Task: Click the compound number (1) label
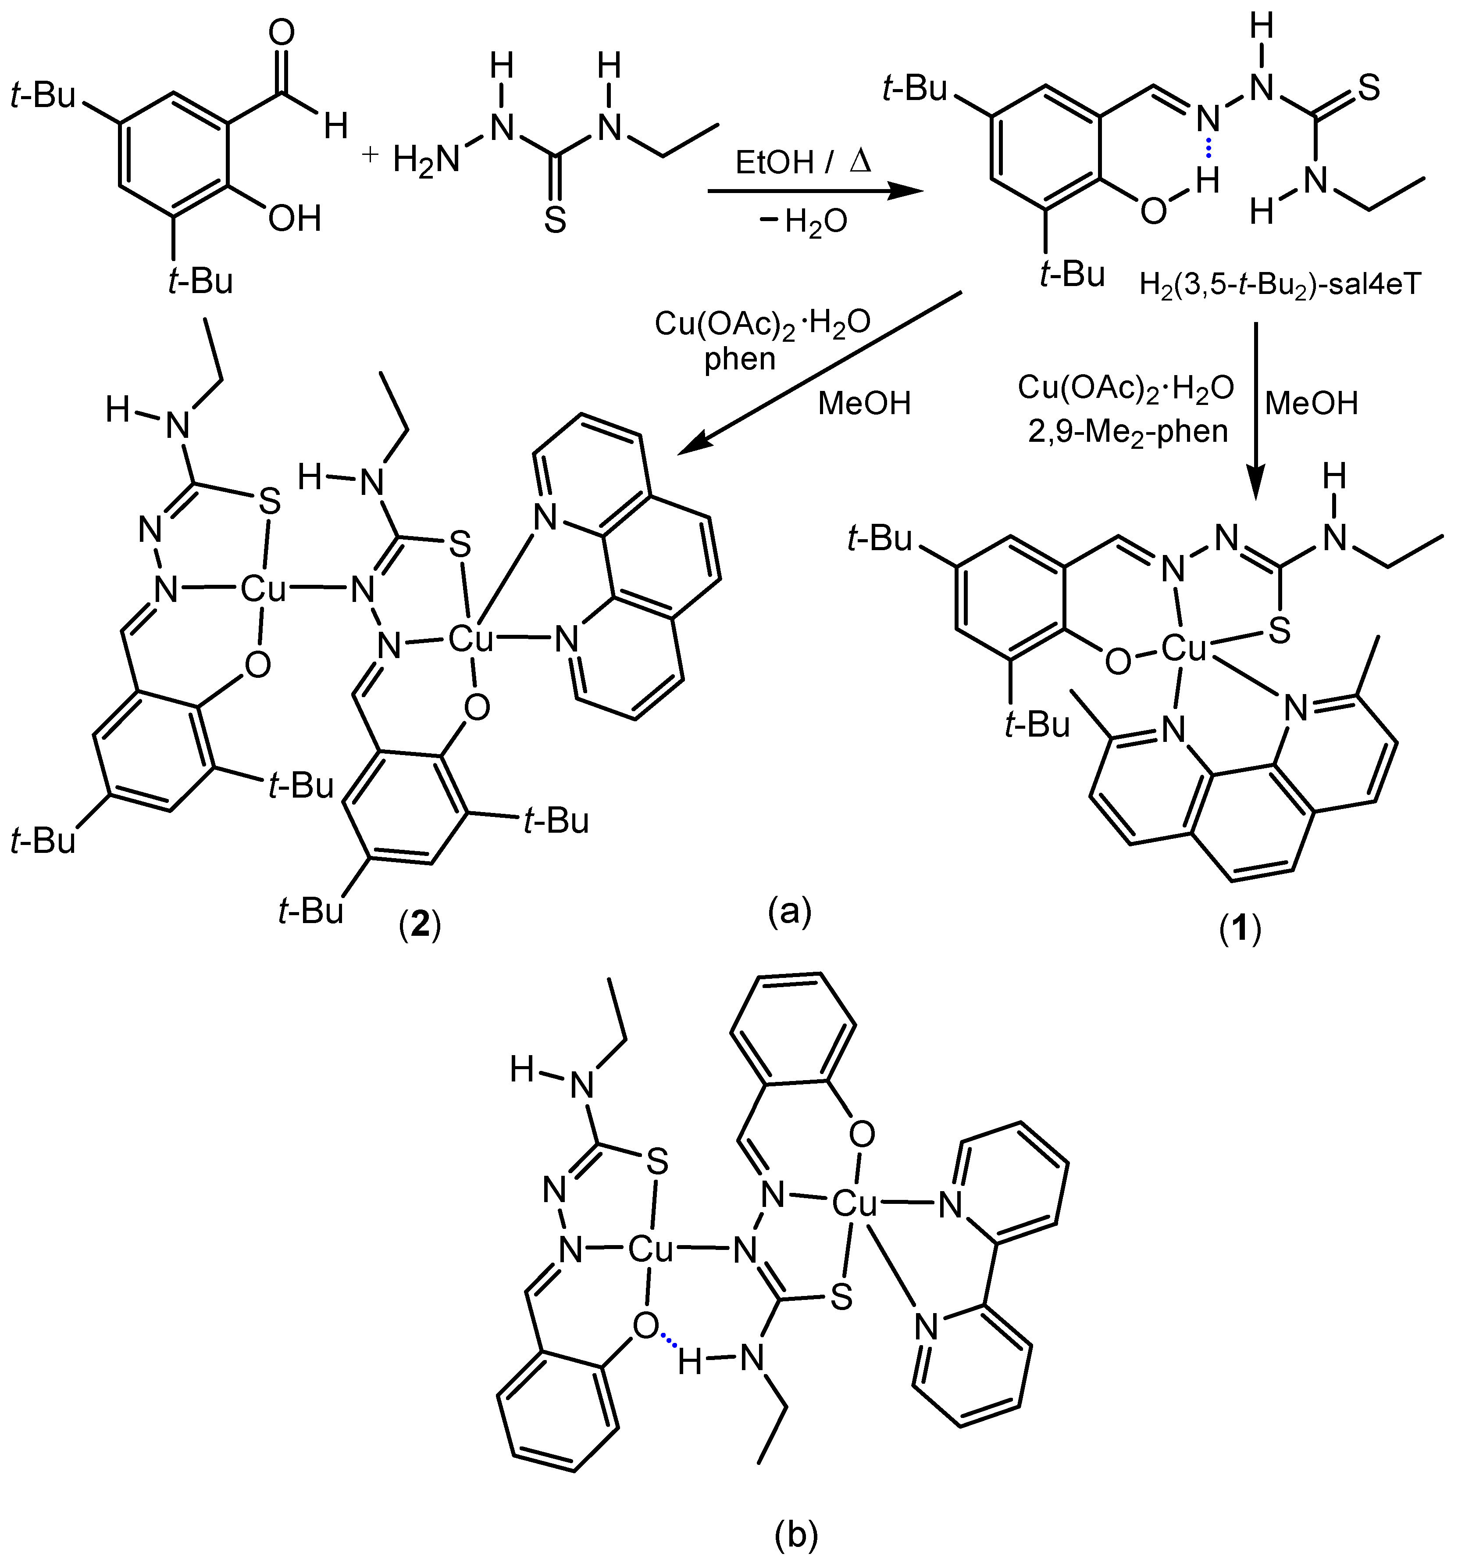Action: [1241, 930]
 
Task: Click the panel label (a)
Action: [789, 911]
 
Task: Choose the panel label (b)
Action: [795, 1536]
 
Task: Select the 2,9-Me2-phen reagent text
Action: [1128, 431]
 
